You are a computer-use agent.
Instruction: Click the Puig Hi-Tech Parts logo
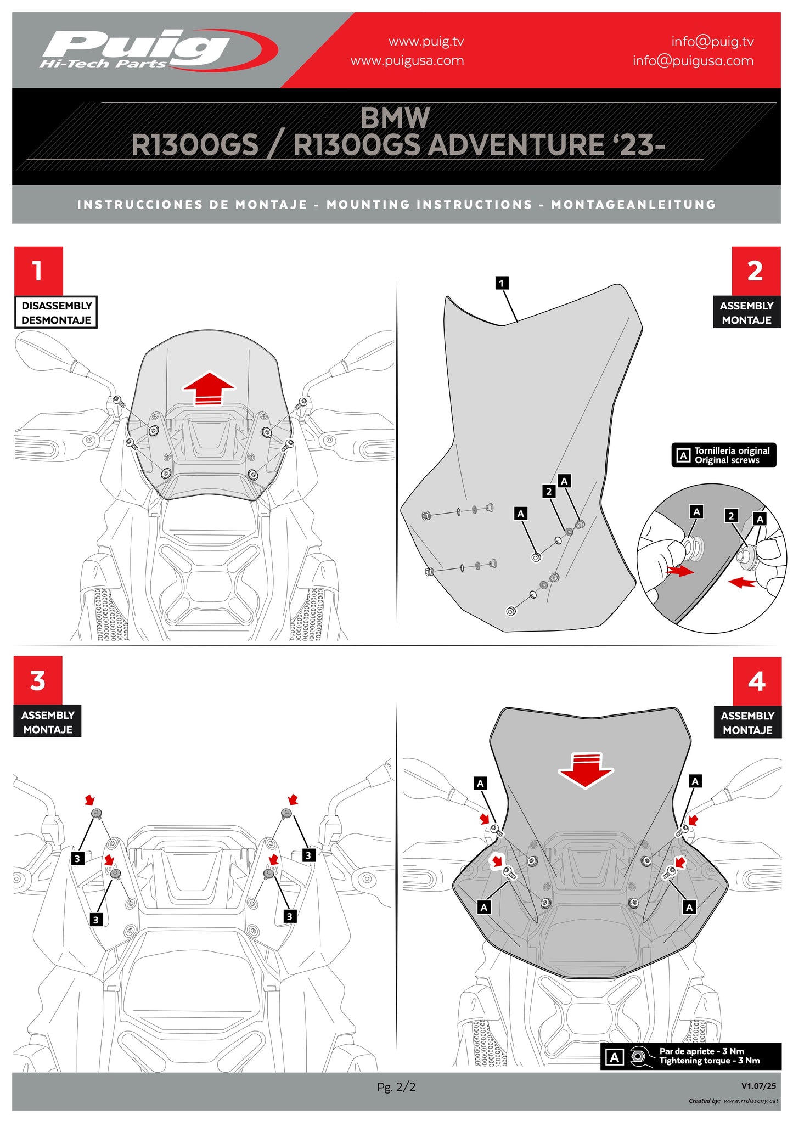coord(156,50)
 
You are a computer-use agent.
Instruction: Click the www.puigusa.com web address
coord(407,61)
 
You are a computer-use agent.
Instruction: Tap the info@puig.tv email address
coord(712,42)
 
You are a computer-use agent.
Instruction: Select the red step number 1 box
coord(38,271)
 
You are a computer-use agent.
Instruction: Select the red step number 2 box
coord(755,271)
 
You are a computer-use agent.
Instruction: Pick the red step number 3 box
coord(38,680)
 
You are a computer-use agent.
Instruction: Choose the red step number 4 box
coord(756,681)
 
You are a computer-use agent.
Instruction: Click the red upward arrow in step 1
coord(209,388)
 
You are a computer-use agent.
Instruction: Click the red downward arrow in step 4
coord(586,770)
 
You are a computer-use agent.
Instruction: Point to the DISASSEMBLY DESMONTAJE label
coord(56,313)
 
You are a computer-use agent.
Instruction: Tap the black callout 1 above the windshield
coord(502,283)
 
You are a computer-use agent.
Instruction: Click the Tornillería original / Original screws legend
coord(724,455)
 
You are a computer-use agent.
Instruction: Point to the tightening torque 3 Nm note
coord(709,1056)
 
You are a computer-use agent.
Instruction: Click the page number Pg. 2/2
coord(396,1086)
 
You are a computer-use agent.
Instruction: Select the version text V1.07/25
coord(758,1086)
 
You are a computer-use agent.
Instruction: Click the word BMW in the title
coord(395,118)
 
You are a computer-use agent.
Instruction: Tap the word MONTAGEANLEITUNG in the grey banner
coord(634,205)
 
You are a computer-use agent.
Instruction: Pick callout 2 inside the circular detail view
coord(730,516)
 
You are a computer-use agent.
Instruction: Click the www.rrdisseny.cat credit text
coord(751,1101)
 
